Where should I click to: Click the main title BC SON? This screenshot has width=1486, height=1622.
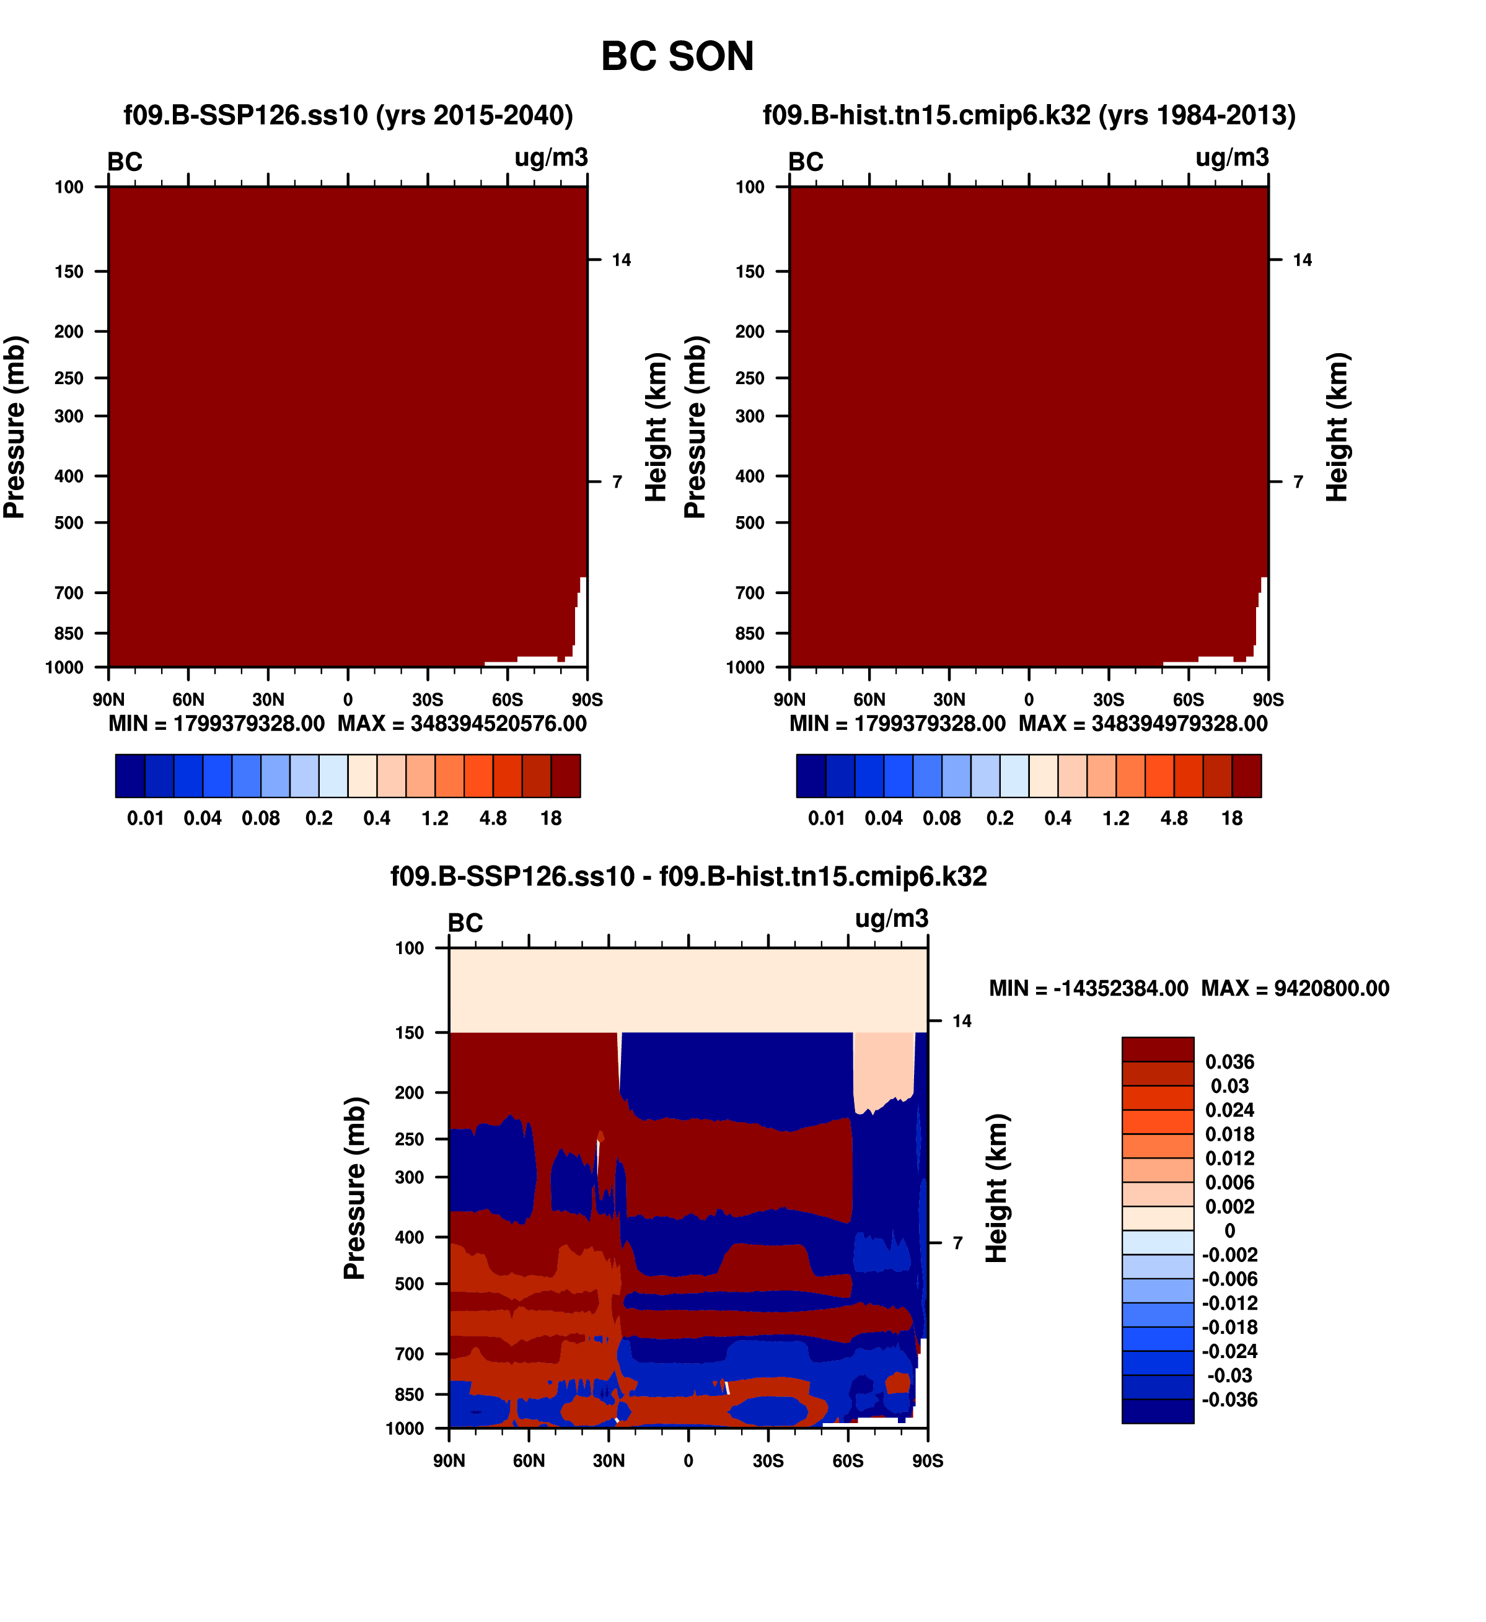pyautogui.click(x=677, y=57)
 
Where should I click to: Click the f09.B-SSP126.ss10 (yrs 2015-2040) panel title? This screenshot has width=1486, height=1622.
pyautogui.click(x=348, y=116)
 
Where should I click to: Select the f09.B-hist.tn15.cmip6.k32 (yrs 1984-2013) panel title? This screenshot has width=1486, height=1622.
pyautogui.click(x=1029, y=116)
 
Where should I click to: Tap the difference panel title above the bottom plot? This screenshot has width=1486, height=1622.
pyautogui.click(x=688, y=876)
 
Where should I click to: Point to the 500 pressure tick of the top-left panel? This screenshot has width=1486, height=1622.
pyautogui.click(x=69, y=523)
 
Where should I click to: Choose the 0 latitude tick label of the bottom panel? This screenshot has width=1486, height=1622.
pyautogui.click(x=688, y=1461)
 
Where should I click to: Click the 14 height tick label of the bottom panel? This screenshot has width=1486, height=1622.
pyautogui.click(x=961, y=1022)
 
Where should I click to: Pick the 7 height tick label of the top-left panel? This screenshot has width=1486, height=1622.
pyautogui.click(x=617, y=483)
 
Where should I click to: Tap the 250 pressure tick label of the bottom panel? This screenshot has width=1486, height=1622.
pyautogui.click(x=409, y=1139)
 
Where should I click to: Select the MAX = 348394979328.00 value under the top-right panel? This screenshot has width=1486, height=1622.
pyautogui.click(x=1143, y=724)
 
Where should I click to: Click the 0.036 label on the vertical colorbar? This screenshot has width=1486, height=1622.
pyautogui.click(x=1229, y=1062)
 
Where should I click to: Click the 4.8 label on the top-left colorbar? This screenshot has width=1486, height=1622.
pyautogui.click(x=493, y=819)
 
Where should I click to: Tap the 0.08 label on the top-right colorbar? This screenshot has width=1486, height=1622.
pyautogui.click(x=941, y=819)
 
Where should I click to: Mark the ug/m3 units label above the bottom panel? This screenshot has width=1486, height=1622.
pyautogui.click(x=892, y=919)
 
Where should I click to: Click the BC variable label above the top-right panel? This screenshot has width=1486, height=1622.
pyautogui.click(x=806, y=162)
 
